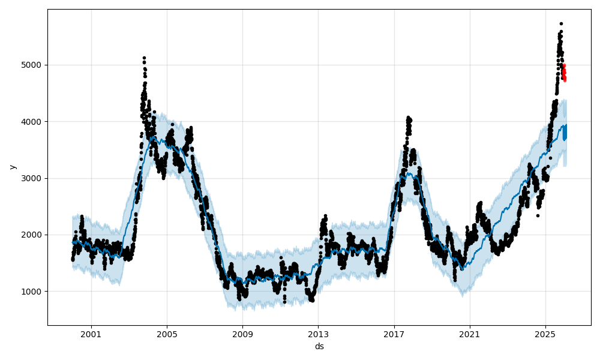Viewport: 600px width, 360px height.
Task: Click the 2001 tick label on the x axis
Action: [91, 334]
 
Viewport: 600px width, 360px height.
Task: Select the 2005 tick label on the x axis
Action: [167, 334]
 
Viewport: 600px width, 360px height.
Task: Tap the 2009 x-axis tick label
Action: [242, 334]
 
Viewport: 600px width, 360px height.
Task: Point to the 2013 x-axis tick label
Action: [318, 334]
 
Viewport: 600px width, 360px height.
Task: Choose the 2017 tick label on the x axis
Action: [394, 334]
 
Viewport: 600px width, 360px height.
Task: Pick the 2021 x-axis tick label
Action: [469, 334]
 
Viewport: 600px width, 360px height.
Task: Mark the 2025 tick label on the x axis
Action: [545, 334]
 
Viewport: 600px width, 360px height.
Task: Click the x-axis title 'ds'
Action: [319, 346]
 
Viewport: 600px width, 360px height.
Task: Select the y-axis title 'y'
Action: [13, 167]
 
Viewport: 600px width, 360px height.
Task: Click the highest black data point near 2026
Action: [561, 23]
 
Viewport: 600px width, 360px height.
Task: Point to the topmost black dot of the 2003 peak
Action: [144, 58]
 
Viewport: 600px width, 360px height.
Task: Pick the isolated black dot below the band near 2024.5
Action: [538, 215]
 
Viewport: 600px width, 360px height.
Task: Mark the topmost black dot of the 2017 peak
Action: [408, 118]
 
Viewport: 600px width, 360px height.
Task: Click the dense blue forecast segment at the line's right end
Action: [564, 132]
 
